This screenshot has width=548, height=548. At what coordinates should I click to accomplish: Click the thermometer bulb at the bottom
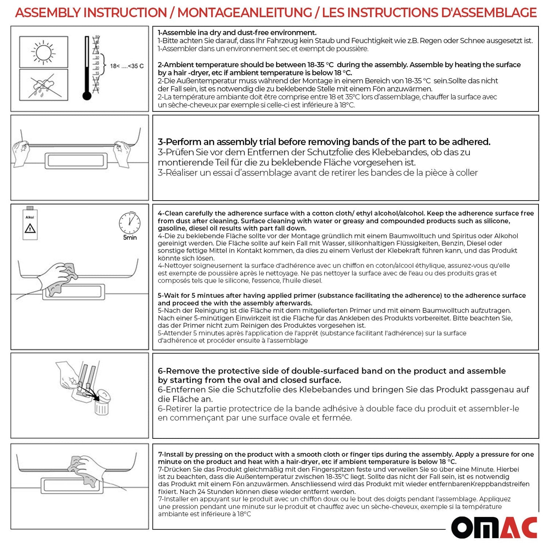pos(87,96)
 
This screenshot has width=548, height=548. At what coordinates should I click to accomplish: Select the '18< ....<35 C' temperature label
pos(127,66)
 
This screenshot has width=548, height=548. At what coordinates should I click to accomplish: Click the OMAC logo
pos(494,528)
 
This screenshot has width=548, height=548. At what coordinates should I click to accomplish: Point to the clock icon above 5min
pos(130,223)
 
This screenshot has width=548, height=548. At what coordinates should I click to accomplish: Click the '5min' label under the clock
pos(130,238)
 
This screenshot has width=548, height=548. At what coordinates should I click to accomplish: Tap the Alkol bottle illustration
pos(30,224)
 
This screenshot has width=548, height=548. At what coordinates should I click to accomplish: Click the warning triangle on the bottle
pos(30,228)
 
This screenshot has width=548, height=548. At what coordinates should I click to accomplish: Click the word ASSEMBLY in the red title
pos(49,13)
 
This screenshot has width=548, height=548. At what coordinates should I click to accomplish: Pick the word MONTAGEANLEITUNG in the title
pos(245,13)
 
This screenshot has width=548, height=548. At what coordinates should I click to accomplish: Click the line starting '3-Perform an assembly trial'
pos(324,142)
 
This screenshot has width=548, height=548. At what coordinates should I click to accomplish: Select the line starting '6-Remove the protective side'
pos(331,371)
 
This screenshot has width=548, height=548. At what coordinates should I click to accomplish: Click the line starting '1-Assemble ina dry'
pos(237,33)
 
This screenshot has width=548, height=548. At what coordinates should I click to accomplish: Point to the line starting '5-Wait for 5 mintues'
pos(341,295)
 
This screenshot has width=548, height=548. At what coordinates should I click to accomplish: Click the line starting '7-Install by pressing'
pos(345,454)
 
